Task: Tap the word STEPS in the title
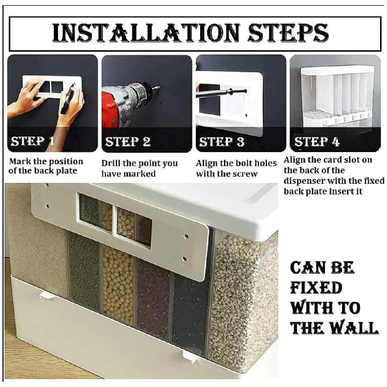pyautogui.click(x=288, y=33)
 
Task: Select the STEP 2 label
pyautogui.click(x=128, y=141)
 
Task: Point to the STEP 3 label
pyautogui.click(x=222, y=141)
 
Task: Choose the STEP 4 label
pyautogui.click(x=317, y=141)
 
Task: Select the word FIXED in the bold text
pyautogui.click(x=316, y=288)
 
